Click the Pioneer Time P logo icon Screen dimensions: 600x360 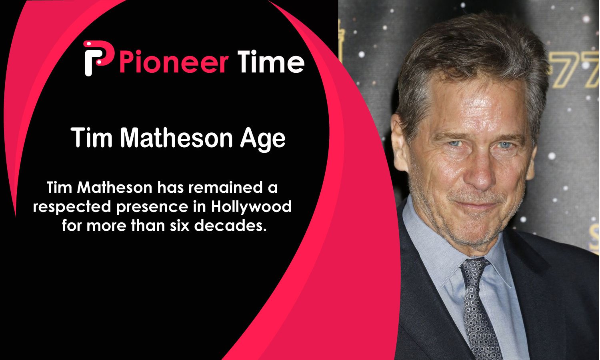click(98, 58)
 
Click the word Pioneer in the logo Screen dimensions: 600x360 click(174, 62)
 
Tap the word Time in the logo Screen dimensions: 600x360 click(271, 61)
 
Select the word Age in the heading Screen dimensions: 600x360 click(263, 139)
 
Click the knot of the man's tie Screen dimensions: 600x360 click(474, 269)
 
